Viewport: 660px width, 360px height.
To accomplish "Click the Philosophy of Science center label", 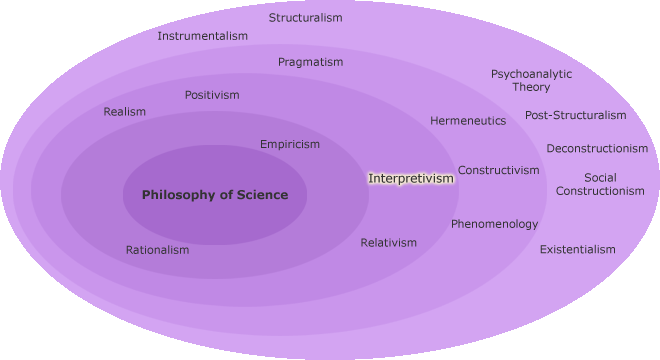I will coord(215,195).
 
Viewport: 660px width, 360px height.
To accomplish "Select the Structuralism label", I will coord(306,18).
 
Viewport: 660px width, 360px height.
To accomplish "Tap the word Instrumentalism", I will coord(202,36).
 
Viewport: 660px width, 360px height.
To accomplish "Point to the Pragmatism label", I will coord(310,62).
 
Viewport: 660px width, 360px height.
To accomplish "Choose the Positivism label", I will coord(212,95).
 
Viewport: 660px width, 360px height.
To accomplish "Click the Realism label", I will coord(125,112).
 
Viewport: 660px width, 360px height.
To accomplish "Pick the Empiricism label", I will coord(290,144).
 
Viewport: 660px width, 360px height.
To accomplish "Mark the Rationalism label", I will coord(157,250).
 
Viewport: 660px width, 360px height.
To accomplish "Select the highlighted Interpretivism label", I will coord(411,178).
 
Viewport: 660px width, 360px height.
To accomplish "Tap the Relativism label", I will coord(389,243).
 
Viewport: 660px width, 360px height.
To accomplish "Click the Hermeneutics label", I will coord(468,121).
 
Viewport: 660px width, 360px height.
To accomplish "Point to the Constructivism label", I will coord(499,170).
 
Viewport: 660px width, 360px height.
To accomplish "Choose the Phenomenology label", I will coord(494,224).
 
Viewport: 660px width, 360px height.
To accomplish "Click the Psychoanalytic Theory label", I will coord(531,80).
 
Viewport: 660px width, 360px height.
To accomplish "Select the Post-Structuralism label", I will coord(576,115).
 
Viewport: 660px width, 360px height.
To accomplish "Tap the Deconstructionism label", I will coord(597,149).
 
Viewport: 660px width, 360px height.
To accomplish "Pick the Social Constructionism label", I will coord(600,184).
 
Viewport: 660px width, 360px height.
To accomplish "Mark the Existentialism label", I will coord(578,249).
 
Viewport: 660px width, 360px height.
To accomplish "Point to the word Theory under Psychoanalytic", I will coord(532,88).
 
